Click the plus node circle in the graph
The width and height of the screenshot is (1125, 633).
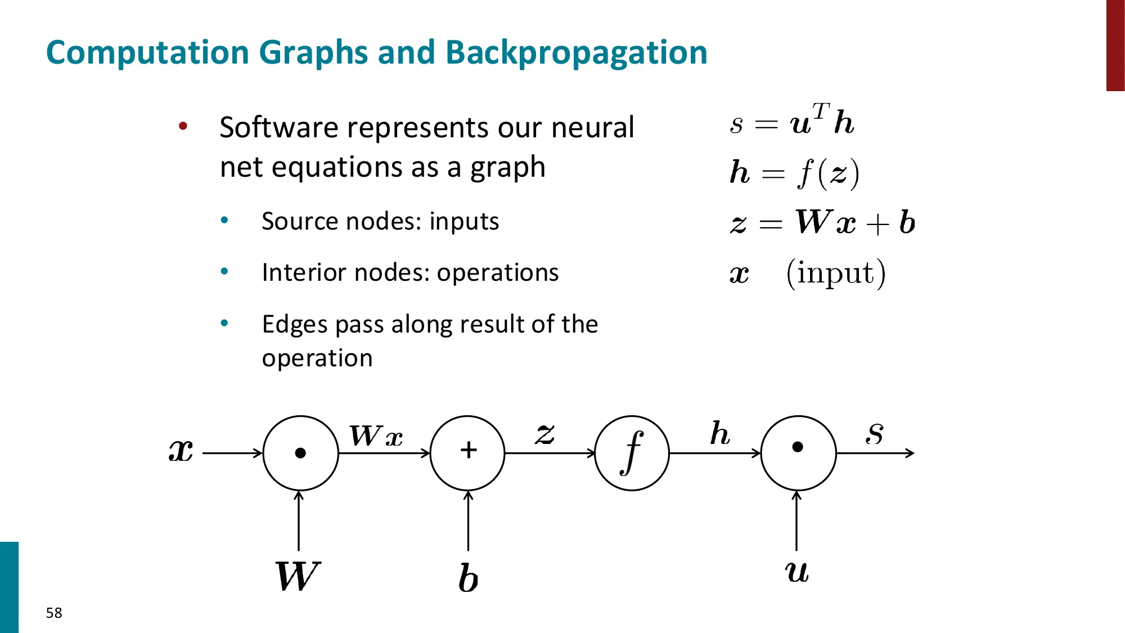pos(467,453)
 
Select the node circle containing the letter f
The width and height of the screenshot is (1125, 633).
pos(632,453)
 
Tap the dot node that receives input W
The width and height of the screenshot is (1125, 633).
pos(301,453)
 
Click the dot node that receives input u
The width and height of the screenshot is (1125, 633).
pos(798,453)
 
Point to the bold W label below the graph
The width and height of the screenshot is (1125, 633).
pos(298,576)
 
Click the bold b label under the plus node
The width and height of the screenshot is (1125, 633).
pos(468,578)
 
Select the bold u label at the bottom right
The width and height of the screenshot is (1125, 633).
pos(797,572)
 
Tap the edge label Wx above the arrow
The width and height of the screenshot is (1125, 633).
pos(376,436)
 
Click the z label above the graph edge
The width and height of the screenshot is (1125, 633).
pos(544,434)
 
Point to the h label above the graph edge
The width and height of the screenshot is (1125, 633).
pos(720,434)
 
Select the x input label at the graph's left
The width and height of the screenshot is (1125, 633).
pos(181,451)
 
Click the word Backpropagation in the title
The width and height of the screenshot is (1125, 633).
pos(576,53)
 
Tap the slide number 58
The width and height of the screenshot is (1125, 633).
pos(54,613)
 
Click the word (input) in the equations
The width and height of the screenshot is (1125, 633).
pos(836,273)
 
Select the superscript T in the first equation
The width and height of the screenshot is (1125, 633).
pos(821,111)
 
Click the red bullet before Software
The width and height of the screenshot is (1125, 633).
pos(183,126)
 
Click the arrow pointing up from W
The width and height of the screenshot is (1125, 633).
pos(299,520)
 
